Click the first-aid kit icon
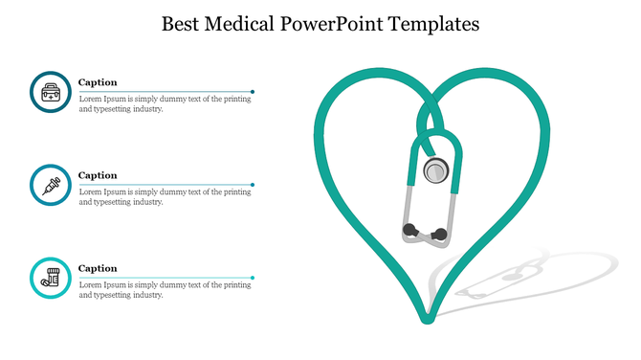[50, 92]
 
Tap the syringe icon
[50, 185]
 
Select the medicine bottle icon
[50, 278]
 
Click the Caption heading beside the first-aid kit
[98, 82]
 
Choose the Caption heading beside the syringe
[98, 175]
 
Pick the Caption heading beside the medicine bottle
[98, 268]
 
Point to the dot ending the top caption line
[253, 91]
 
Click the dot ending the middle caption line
[253, 184]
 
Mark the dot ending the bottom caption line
[253, 278]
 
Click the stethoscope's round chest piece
[436, 171]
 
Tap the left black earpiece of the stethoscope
[410, 230]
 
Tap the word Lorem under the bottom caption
[90, 284]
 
